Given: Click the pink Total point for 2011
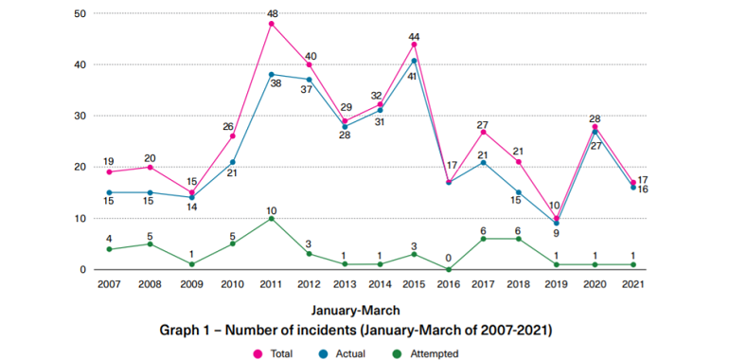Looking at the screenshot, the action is coord(272,24).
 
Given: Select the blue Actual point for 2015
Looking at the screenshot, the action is coord(414,61).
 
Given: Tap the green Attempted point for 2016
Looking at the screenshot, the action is coord(449,269).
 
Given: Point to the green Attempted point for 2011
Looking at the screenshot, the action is coord(272,218).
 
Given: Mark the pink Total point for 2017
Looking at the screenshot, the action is coord(485,132).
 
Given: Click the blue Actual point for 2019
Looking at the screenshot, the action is coord(556,224).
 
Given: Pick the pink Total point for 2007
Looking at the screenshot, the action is coord(109,172).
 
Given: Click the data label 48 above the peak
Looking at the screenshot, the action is coord(273,12).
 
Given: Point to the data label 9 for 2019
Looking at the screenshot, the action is coord(556,233).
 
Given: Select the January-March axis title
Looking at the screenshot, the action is coord(356,310).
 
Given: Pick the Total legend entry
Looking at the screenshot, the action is coord(273,354).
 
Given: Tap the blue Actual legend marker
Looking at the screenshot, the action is coord(326,354).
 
